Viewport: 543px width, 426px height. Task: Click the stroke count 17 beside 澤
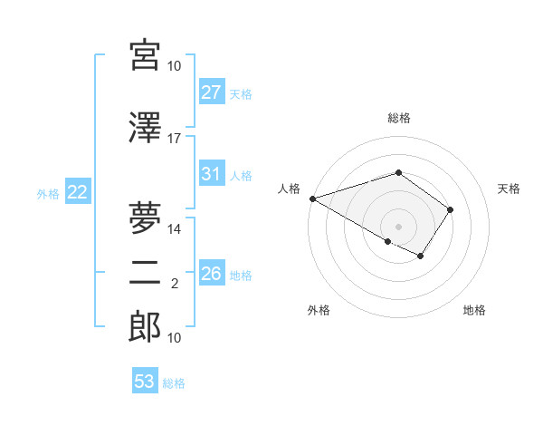tap(175, 139)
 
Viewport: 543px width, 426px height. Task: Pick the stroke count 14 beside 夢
tap(175, 229)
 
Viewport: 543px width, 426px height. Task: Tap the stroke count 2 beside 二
tap(175, 284)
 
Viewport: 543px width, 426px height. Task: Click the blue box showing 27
tap(211, 92)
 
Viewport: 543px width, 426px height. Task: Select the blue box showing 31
tap(211, 174)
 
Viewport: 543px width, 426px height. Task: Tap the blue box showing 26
tap(211, 274)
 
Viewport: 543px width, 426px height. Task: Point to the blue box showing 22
tap(77, 192)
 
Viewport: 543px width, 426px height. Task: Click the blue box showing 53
tap(144, 382)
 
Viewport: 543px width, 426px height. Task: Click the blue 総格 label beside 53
tap(174, 383)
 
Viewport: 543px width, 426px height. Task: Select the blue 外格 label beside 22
tap(48, 193)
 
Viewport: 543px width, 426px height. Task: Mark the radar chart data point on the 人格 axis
tap(312, 198)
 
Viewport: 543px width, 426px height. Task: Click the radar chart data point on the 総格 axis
tap(398, 172)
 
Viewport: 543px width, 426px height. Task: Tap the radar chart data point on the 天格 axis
tap(451, 209)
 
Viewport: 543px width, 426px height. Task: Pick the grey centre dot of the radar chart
tap(398, 226)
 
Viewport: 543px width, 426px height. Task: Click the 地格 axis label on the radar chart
tap(474, 311)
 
